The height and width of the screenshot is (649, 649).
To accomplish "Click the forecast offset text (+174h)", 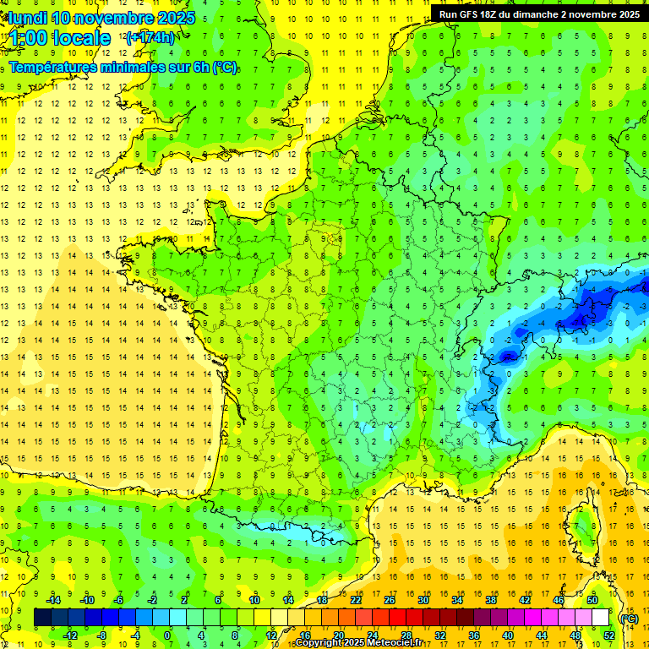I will tap(150, 37).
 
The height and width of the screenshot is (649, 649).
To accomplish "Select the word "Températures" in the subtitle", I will tap(52, 67).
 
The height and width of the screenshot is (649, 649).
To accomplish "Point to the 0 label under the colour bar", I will tap(167, 635).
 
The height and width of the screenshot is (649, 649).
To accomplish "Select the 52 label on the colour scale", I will tap(610, 635).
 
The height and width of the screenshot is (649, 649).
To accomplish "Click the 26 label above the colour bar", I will tap(390, 600).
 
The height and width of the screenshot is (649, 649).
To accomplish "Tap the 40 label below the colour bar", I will tap(508, 635).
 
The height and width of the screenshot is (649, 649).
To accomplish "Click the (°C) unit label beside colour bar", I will tap(629, 619).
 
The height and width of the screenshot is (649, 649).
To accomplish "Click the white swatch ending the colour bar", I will tap(601, 618).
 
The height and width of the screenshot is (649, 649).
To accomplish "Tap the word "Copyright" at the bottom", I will tap(322, 643).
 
